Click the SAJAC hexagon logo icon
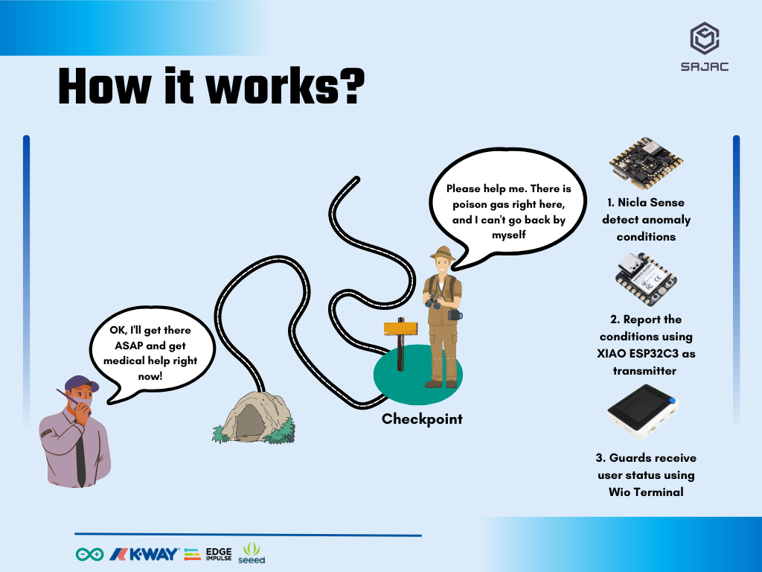tap(704, 38)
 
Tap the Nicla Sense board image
tap(646, 163)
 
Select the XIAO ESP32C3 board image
tap(646, 279)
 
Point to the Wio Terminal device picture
tap(642, 412)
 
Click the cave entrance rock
tap(254, 418)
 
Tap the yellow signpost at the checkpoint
tap(400, 328)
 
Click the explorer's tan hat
tap(443, 253)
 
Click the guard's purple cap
tap(81, 383)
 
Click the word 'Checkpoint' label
tap(422, 419)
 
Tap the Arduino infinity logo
tap(89, 554)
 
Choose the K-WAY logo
tap(144, 554)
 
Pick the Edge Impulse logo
tap(208, 554)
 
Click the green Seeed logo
tap(252, 553)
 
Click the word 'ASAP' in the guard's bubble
tap(129, 346)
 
